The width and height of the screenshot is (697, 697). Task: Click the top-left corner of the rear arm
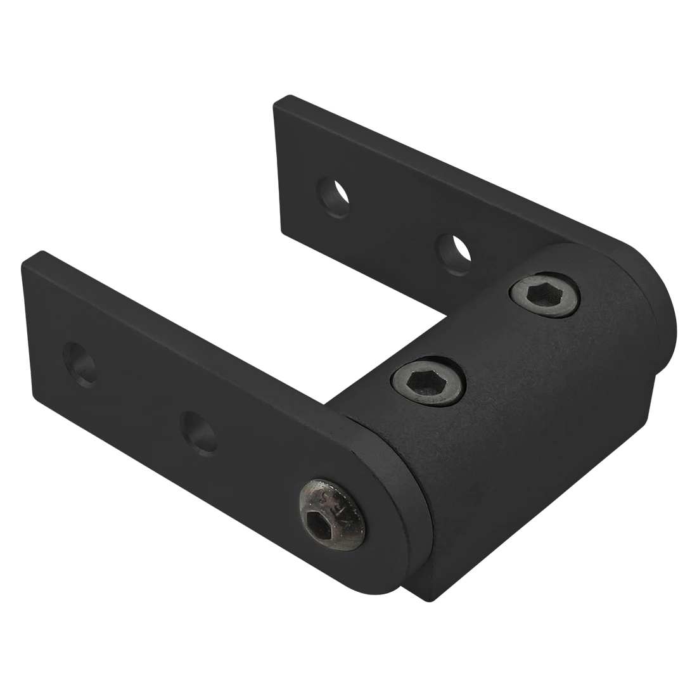pyautogui.click(x=279, y=100)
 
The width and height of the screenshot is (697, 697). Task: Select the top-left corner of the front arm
pyautogui.click(x=29, y=257)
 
